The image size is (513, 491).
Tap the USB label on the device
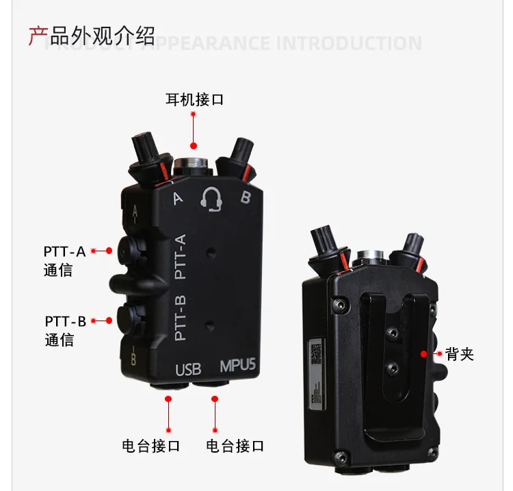click(189, 370)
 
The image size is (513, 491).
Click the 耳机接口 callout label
click(195, 100)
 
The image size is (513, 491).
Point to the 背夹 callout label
click(459, 354)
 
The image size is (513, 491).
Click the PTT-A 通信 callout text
click(64, 260)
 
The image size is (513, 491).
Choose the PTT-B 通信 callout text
click(65, 330)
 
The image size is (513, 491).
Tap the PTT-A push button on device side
click(129, 251)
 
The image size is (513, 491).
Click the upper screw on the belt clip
click(393, 333)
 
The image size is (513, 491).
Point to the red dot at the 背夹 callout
click(424, 354)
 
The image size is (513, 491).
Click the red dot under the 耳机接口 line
click(194, 145)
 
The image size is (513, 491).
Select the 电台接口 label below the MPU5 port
click(235, 446)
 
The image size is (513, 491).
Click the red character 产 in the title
click(37, 35)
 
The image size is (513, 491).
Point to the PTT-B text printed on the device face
click(181, 318)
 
